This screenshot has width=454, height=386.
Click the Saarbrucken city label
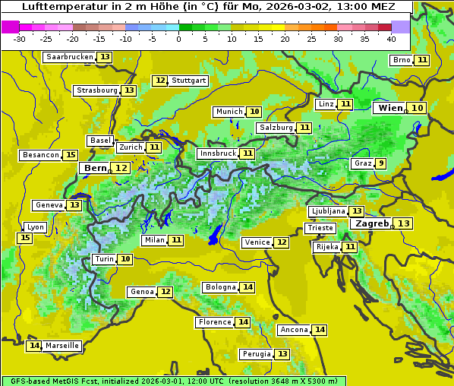(69, 57)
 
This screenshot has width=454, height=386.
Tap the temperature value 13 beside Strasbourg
(129, 90)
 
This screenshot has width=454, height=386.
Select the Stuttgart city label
(189, 81)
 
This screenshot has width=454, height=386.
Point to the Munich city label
(229, 112)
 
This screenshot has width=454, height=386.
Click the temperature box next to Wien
(418, 108)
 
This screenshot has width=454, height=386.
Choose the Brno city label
(401, 60)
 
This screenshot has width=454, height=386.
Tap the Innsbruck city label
(217, 153)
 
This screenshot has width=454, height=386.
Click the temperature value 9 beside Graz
(381, 163)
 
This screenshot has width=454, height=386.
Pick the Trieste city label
(319, 228)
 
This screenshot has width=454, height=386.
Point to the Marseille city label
(62, 346)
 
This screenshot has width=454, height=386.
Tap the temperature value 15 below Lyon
(25, 238)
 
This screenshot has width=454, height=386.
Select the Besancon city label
(41, 155)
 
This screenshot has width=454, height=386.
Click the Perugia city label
(255, 354)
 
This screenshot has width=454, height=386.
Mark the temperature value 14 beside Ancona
(320, 330)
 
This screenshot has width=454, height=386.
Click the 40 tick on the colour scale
(391, 39)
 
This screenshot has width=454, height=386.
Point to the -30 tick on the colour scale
(20, 39)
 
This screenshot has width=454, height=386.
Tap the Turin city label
(104, 259)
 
